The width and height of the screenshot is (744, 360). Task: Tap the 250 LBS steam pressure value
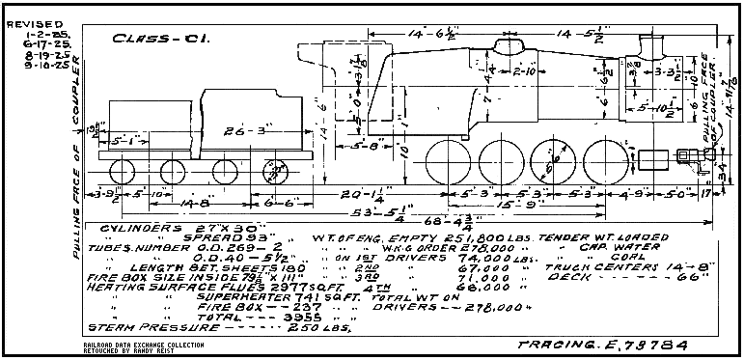pos(317,326)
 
